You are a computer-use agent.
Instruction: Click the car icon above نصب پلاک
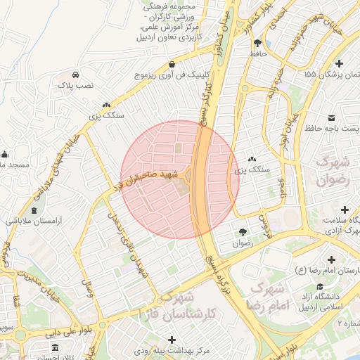coord(75,74)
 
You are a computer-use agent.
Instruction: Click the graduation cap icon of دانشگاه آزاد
coord(321,286)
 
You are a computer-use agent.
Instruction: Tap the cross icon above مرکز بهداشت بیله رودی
coord(172,340)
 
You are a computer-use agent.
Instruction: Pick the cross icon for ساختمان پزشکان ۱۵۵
coord(340,63)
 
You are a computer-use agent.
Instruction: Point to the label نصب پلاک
coord(75,84)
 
